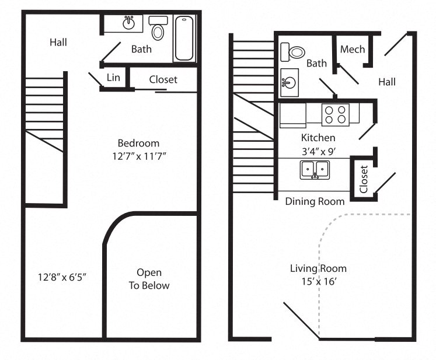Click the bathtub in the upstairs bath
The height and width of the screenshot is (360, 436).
tap(185, 38)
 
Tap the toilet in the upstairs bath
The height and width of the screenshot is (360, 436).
tap(158, 29)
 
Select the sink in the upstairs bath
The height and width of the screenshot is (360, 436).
tap(128, 24)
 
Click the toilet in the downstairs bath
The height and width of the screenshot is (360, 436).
tap(294, 52)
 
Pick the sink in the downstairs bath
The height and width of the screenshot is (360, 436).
tap(288, 81)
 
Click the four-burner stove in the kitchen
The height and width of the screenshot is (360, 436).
tap(336, 114)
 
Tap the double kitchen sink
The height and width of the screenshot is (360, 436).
tap(315, 170)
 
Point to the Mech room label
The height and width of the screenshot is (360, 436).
tap(352, 49)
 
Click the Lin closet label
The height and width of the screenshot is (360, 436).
tap(113, 78)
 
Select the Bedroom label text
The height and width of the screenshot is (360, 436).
tap(138, 143)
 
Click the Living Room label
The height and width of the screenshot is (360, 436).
tap(318, 268)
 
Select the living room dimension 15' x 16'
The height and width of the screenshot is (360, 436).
tap(318, 281)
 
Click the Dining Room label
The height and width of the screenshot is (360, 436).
tap(315, 201)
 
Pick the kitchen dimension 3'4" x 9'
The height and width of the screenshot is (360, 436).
tap(318, 150)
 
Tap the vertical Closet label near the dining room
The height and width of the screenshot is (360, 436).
tap(364, 179)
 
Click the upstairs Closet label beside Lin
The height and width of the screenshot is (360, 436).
tap(163, 79)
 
